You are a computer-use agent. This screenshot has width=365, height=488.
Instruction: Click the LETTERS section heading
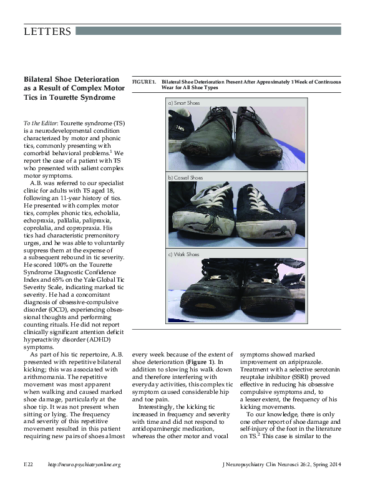click(47, 32)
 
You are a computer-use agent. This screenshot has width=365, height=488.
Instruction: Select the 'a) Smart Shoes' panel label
click(183, 102)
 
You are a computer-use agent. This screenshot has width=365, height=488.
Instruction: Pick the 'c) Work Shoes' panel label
click(183, 254)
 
